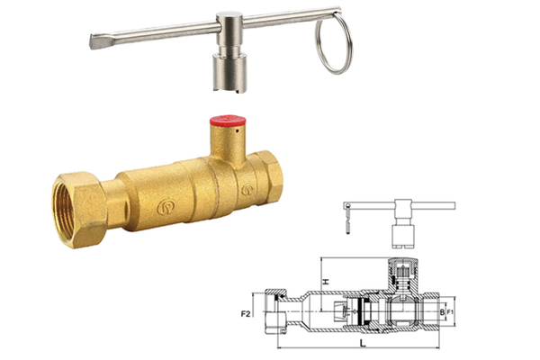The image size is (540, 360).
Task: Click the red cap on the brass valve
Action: pyautogui.click(x=228, y=121)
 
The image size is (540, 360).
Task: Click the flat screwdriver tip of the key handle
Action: pyautogui.click(x=97, y=41)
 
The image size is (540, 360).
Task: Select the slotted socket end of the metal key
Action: pyautogui.click(x=229, y=74)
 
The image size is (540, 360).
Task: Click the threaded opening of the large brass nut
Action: pyautogui.click(x=66, y=210)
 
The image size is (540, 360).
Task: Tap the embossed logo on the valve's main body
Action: pyautogui.click(x=166, y=207)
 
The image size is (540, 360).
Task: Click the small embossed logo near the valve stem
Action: pyautogui.click(x=247, y=190)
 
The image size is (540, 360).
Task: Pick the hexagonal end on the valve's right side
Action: pyautogui.click(x=271, y=175)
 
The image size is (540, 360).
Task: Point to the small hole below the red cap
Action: pyautogui.click(x=237, y=130)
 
